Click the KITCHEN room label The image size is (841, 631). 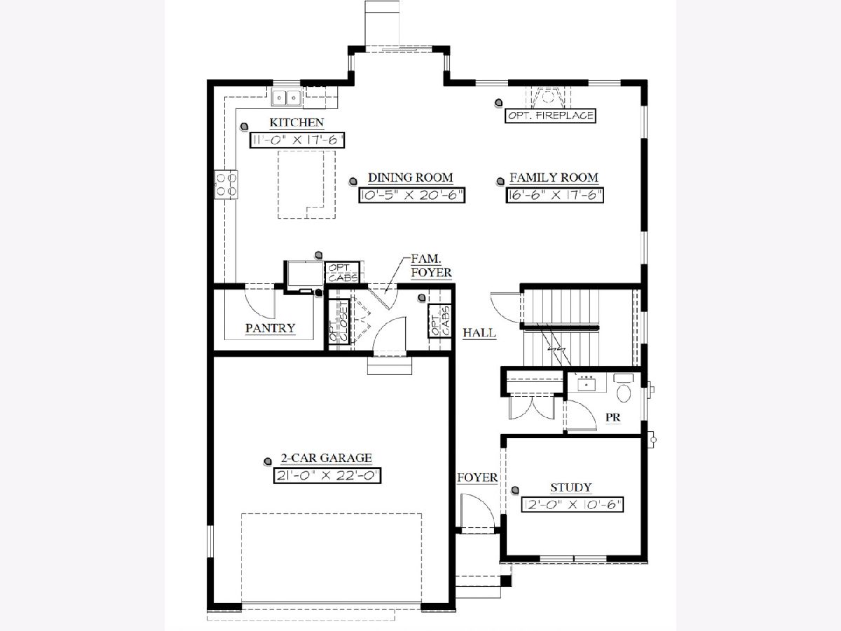(x=296, y=123)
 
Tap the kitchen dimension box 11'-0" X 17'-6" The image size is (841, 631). (x=297, y=140)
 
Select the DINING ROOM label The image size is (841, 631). (x=411, y=178)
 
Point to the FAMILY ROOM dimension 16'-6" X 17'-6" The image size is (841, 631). (x=554, y=196)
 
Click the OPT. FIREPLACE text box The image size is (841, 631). (x=550, y=116)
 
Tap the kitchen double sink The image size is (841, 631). (x=286, y=97)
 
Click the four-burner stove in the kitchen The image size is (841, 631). (x=226, y=184)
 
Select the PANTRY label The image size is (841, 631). (x=270, y=328)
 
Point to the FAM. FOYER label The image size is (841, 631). (x=431, y=266)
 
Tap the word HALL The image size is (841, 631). (x=479, y=332)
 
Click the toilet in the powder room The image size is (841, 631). (x=624, y=388)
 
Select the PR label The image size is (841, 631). (x=613, y=417)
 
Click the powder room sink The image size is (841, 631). (x=586, y=383)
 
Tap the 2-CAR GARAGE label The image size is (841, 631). (x=327, y=458)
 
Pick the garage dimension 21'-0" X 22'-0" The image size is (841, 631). (x=327, y=476)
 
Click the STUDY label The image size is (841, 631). (x=571, y=487)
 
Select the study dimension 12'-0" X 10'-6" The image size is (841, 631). (x=572, y=505)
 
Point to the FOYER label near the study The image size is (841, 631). (x=477, y=477)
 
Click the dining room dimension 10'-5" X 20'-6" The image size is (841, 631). (x=412, y=196)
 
